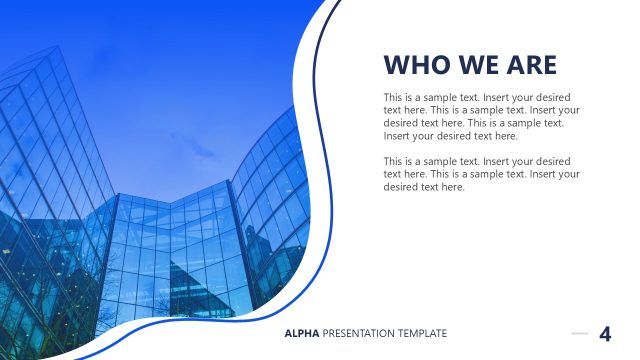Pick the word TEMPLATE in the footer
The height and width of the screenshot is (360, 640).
point(423,333)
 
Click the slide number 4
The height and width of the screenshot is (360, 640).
point(605,334)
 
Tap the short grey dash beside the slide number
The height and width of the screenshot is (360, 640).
point(580,333)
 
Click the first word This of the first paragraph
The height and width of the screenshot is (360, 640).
point(393,97)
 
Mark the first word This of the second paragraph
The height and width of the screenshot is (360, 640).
point(393,161)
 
